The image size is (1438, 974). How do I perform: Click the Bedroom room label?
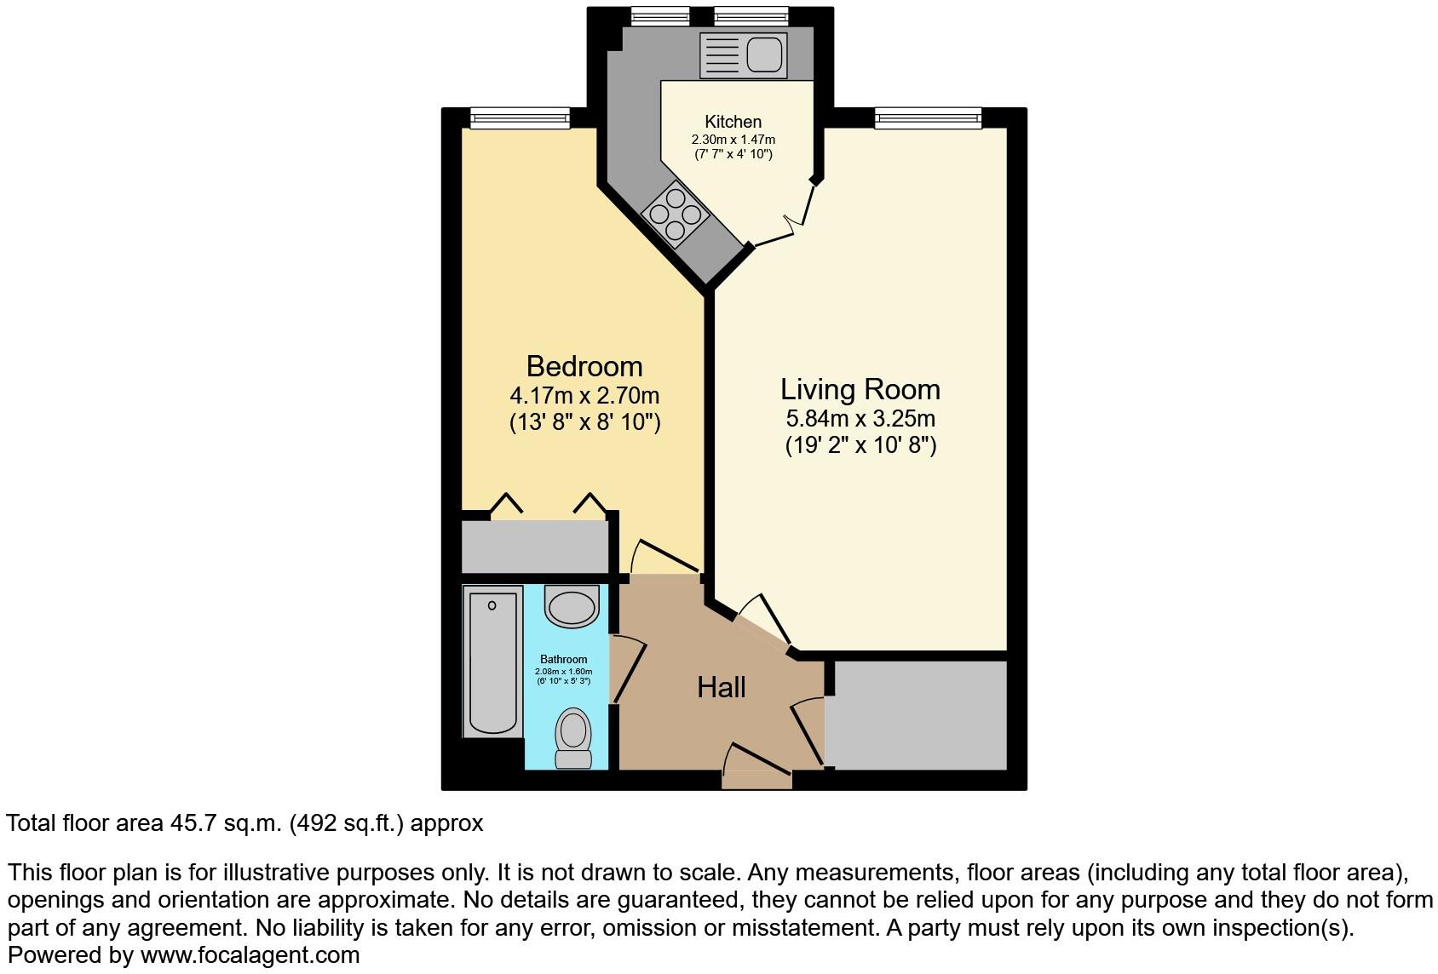584,366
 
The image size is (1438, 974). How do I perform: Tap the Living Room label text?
860,389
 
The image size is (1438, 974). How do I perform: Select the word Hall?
722,687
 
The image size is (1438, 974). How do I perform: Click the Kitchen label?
733,122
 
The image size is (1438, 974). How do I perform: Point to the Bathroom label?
563,659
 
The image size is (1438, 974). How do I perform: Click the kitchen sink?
741,54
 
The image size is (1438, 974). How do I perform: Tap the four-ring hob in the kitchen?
676,214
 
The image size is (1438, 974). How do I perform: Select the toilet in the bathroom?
573,737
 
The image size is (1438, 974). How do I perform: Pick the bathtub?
492,662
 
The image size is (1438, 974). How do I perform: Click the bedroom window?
520,117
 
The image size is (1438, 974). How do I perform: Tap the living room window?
929,117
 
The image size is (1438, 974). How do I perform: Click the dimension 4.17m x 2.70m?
584,396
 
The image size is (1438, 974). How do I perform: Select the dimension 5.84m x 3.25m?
860,419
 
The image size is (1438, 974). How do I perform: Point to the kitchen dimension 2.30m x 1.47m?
733,140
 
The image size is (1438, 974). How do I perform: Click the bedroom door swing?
664,557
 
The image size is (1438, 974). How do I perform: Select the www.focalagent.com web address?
250,955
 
